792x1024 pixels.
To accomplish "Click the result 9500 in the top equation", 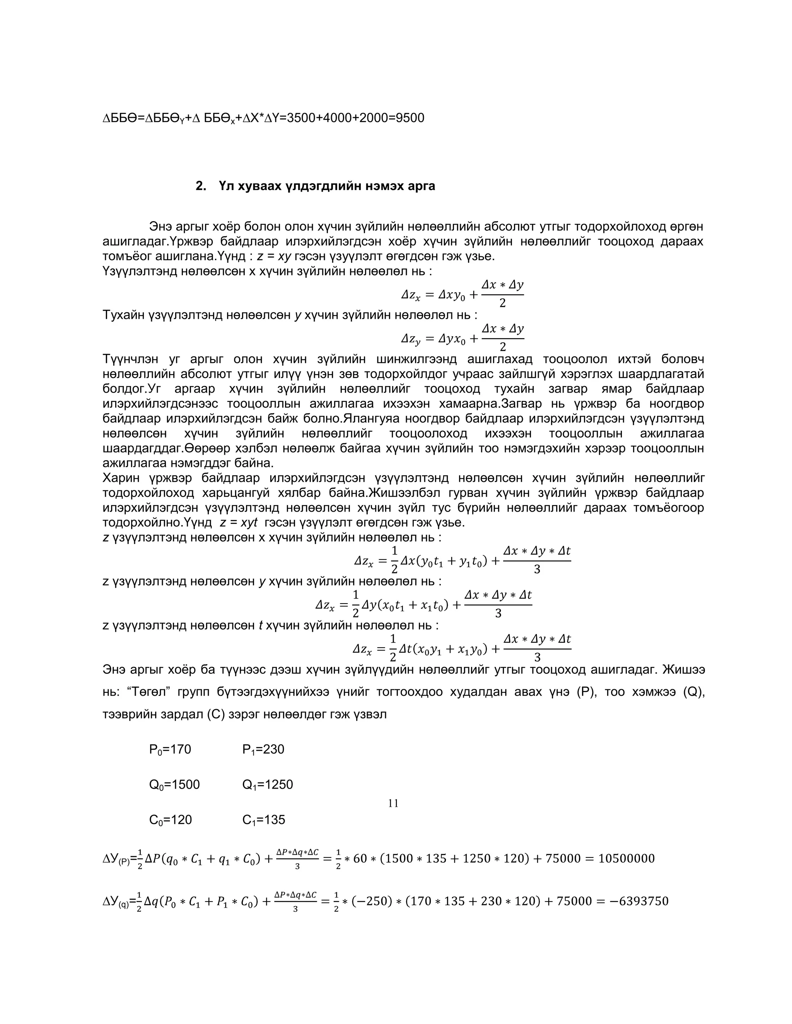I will tap(410, 118).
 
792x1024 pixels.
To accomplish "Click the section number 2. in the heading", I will tap(200, 186).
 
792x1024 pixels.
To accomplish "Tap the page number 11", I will tap(393, 803).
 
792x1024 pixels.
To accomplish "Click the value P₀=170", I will tap(170, 749).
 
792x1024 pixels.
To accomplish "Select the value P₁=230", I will tap(263, 749).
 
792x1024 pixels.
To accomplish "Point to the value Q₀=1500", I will tap(174, 784).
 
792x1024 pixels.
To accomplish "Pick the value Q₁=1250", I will tap(268, 784).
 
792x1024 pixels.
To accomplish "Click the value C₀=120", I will tap(170, 820).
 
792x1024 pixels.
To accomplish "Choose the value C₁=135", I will tap(264, 820).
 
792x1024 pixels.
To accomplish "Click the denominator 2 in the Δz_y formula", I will tap(502, 347).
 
